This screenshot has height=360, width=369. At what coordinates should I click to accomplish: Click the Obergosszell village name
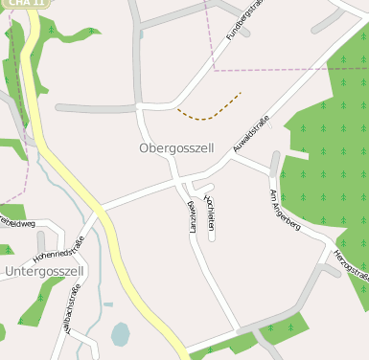tap(176, 148)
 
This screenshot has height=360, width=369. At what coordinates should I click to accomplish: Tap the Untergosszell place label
tap(45, 272)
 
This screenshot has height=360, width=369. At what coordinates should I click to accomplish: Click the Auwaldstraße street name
tap(251, 133)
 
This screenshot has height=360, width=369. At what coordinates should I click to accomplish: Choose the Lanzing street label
tap(193, 218)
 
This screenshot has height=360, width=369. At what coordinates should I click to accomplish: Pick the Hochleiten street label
tap(210, 210)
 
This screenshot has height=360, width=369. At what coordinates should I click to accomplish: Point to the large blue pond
tap(120, 334)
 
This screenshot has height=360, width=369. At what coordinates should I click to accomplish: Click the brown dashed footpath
tap(211, 111)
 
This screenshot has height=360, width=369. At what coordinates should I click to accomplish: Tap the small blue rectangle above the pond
tap(108, 304)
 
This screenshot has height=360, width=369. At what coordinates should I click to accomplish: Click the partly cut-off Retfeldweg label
tap(17, 223)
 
